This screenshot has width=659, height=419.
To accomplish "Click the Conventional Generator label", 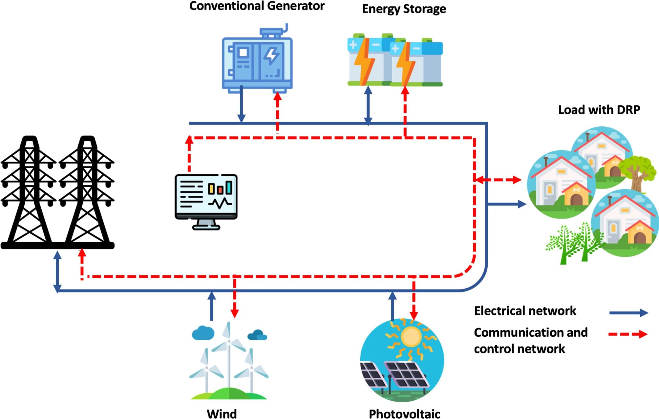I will click(257, 6).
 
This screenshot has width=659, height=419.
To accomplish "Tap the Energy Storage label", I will click(404, 9).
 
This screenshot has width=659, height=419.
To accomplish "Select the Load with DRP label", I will click(599, 110).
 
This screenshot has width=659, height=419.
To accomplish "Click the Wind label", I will click(222, 413).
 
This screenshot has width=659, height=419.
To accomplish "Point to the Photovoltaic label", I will click(404, 414).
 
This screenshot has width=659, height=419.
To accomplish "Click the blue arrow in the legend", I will click(628, 313).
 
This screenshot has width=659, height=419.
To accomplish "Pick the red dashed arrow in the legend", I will click(628, 334).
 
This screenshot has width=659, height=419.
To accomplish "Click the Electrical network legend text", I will click(525, 311).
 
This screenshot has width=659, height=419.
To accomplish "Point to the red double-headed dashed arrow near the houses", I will click(498, 180).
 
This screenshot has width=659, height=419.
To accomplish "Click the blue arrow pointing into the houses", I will click(507, 204).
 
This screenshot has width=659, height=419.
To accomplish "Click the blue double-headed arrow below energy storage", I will click(368, 106).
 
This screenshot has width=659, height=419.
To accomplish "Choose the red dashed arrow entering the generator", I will click(278, 111).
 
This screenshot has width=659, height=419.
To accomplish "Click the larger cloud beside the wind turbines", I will click(203, 333).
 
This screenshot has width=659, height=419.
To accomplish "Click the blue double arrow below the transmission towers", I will click(57, 271).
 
